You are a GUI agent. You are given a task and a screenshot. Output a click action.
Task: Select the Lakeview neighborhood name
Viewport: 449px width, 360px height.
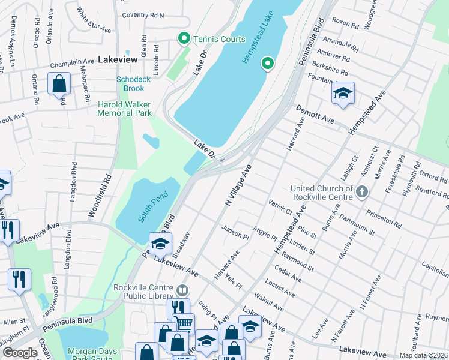118,60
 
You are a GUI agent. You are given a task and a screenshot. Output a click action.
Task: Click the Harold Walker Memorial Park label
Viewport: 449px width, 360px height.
125,108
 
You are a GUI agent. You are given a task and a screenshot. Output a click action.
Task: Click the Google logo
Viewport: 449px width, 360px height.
20,353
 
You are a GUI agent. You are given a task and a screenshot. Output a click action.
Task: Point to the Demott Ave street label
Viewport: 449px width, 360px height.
315,114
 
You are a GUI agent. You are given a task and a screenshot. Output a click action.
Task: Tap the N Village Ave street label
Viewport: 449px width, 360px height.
237,187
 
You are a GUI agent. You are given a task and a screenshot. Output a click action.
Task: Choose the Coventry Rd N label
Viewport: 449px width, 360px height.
143,16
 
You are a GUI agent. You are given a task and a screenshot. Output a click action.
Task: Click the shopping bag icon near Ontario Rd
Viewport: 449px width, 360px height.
59,83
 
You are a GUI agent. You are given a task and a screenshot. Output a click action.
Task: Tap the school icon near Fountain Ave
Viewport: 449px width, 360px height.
343,93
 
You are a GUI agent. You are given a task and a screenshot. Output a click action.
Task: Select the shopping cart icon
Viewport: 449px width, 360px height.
184,324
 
